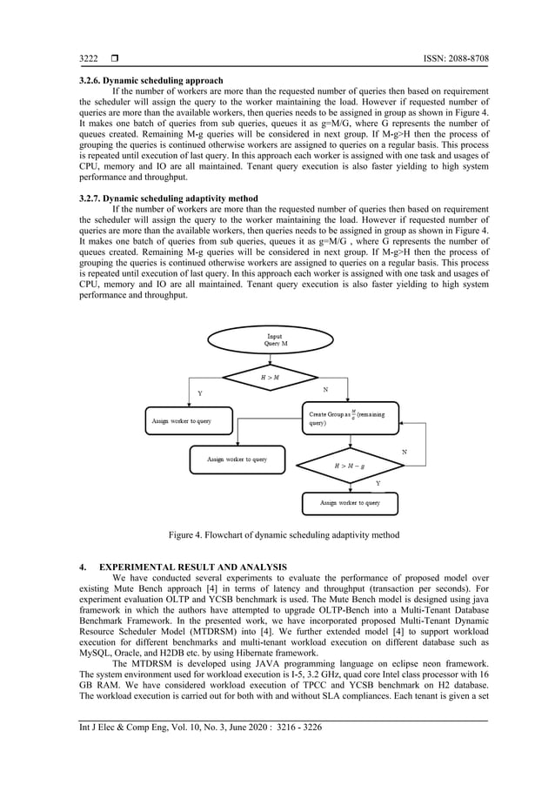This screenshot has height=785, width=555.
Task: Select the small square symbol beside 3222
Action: point(113,58)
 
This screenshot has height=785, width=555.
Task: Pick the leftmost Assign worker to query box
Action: point(181,420)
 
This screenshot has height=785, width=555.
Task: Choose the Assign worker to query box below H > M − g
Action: point(350,502)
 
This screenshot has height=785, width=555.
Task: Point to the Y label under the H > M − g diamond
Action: point(378,481)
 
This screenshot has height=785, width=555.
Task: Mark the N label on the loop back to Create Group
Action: point(405,451)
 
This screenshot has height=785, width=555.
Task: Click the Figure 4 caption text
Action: point(277,534)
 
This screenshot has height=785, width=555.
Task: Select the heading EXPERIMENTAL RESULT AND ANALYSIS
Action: point(190,568)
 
